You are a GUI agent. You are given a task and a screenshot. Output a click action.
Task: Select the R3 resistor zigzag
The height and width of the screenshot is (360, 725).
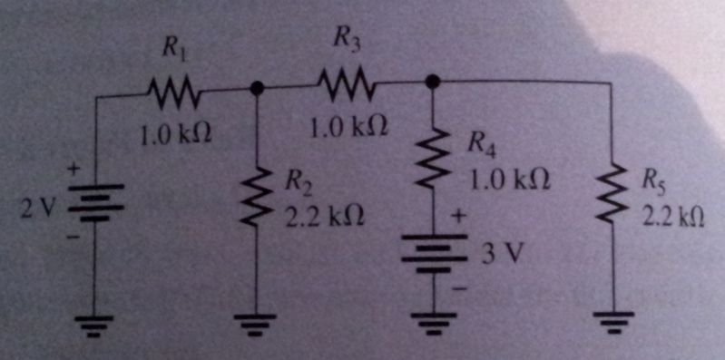(343, 86)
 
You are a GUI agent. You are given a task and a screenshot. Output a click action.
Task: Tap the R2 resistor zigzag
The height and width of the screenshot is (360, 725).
(258, 191)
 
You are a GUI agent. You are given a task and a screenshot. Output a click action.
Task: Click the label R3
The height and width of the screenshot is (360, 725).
(345, 38)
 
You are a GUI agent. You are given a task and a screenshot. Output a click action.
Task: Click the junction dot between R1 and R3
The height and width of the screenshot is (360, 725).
(258, 89)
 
